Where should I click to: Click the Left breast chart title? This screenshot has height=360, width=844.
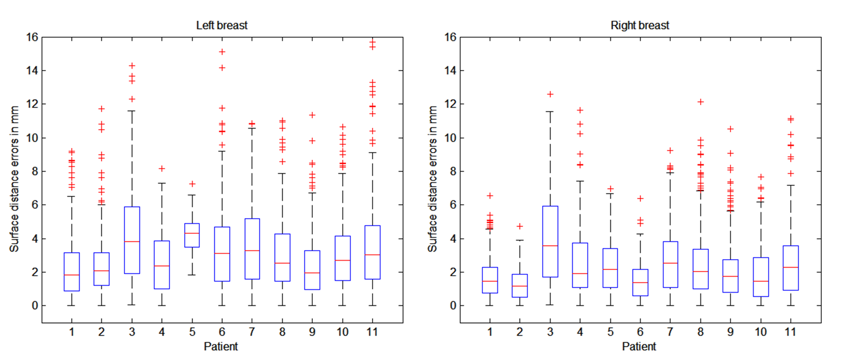(x=221, y=25)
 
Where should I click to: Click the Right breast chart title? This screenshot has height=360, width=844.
(x=640, y=25)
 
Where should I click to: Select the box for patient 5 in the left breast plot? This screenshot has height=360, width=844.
(x=192, y=235)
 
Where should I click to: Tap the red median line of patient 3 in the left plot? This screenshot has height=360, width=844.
(x=132, y=242)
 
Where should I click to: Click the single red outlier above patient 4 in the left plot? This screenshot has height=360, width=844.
(x=162, y=168)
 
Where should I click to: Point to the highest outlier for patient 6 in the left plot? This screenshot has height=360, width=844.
(x=222, y=52)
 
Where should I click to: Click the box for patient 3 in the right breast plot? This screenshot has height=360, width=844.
(x=550, y=241)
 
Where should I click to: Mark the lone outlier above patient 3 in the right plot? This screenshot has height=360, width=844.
(x=550, y=94)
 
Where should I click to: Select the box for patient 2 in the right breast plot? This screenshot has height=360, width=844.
(x=520, y=286)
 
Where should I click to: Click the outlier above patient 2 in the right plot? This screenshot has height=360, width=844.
(x=520, y=226)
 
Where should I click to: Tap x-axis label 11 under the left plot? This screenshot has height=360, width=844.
(x=372, y=332)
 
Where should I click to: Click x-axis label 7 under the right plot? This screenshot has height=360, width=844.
(x=670, y=332)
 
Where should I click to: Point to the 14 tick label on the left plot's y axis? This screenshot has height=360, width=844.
(x=32, y=71)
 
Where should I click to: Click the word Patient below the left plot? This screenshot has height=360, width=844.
(x=221, y=347)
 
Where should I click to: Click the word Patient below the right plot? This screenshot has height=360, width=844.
(x=639, y=347)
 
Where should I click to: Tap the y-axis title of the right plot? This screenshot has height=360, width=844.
(x=432, y=179)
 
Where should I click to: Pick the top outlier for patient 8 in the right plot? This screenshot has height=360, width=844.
(x=700, y=102)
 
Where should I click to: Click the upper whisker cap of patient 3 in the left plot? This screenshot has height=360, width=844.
(x=132, y=111)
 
